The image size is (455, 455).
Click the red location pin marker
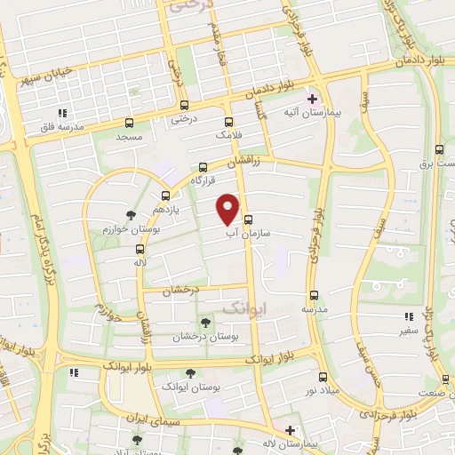pos(228,209)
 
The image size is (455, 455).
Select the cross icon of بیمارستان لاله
pos(290,429)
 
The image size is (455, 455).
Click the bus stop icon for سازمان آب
pos(248,220)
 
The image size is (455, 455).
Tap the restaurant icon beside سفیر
pos(409,316)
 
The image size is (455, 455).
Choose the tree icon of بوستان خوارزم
pos(132,215)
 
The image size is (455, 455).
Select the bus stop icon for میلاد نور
pos(322,377)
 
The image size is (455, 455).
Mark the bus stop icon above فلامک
pos(229,122)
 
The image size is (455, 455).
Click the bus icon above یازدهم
pos(165,196)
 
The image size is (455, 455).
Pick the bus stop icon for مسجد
pos(131,124)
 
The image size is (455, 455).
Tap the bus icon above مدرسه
pos(313,295)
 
